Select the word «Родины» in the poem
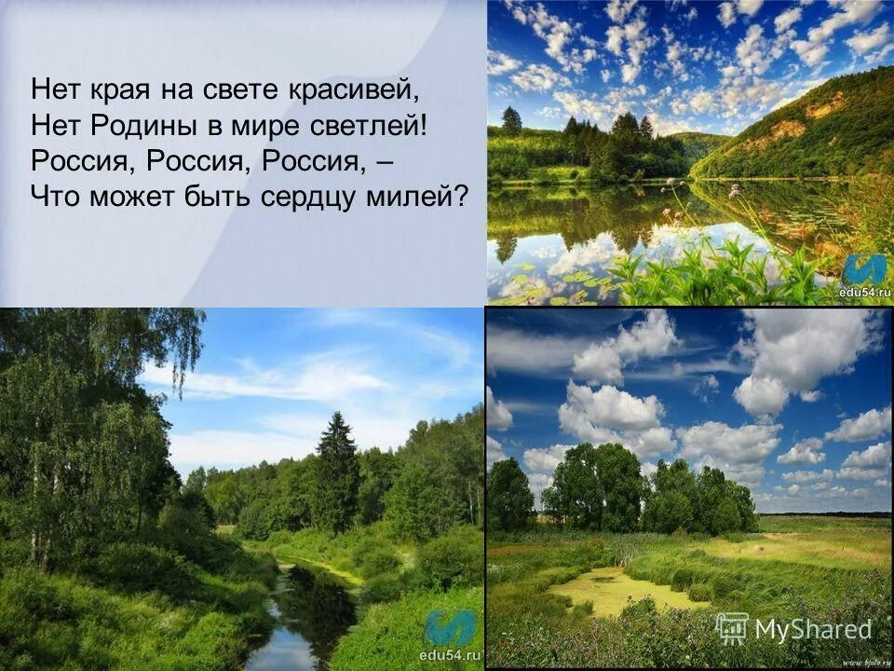click(140, 125)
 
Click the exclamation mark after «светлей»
click(423, 125)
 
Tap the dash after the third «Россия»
click(386, 160)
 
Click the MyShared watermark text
click(813, 629)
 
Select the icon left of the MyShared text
click(732, 629)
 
